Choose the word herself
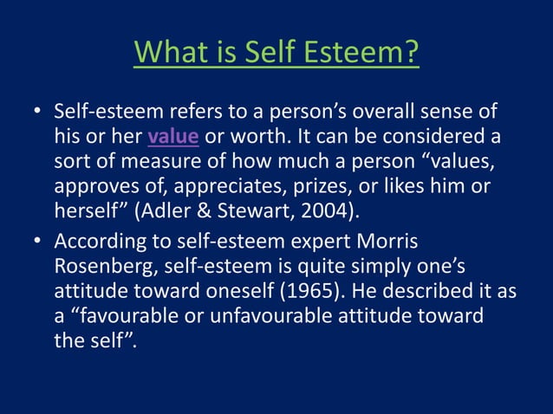86,212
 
